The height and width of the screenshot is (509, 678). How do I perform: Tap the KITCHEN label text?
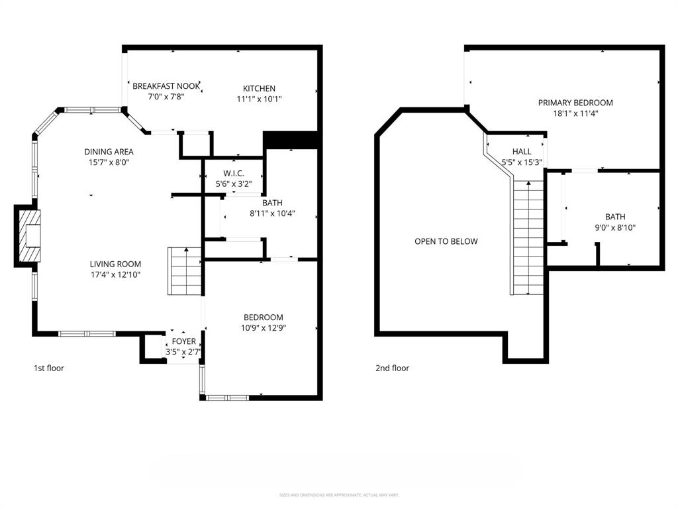259,88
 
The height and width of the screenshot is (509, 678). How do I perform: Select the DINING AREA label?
109,151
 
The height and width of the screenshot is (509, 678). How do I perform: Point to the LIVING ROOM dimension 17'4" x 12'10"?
115,274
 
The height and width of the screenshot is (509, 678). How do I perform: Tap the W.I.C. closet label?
234,173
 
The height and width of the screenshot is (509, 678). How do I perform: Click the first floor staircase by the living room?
185,271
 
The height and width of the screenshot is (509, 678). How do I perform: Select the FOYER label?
183,341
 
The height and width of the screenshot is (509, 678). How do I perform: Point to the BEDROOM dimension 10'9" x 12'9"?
263,327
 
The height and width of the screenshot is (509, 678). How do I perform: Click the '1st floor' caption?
49,368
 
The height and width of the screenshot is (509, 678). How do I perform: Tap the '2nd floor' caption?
392,368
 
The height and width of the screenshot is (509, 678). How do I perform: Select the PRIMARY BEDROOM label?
575,103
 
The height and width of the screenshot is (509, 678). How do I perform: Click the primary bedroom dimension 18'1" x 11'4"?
575,113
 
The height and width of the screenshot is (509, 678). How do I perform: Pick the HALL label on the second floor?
522,152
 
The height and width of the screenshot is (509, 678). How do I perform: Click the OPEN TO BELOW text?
446,241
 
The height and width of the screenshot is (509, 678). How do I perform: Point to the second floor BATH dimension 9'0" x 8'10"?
614,227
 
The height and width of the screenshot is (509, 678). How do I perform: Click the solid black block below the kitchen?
291,140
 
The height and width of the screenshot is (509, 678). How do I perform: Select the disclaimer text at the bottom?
338,494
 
